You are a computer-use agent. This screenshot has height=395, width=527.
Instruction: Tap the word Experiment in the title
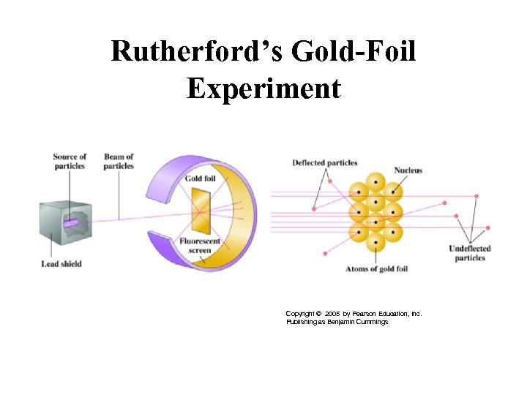(x=263, y=89)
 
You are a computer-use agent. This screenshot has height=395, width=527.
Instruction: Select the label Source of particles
(x=70, y=161)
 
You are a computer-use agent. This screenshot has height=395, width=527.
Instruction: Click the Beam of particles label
(x=119, y=161)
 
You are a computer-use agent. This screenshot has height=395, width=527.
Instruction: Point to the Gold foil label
(x=200, y=178)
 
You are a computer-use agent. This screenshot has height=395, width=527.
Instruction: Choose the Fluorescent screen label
(x=197, y=246)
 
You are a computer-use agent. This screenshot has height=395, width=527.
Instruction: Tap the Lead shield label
(x=61, y=263)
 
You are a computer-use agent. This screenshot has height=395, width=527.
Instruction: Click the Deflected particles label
(x=325, y=162)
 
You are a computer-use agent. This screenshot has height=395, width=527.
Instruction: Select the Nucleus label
(x=408, y=170)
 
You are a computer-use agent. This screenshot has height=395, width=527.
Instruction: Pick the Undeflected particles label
(x=469, y=253)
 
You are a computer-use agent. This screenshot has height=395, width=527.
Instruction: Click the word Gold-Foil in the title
(x=354, y=53)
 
